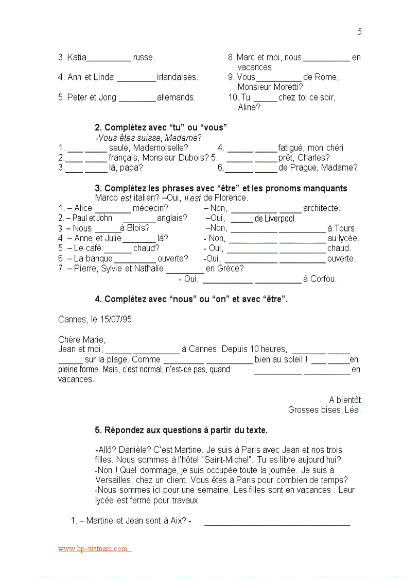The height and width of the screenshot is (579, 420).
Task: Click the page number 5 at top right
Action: click(x=360, y=32)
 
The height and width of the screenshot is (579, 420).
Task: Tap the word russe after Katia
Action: click(x=144, y=57)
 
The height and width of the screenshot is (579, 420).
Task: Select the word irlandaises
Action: click(x=178, y=77)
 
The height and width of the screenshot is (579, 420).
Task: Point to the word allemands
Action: click(x=176, y=97)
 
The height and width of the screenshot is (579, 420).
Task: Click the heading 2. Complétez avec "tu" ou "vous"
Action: click(x=161, y=127)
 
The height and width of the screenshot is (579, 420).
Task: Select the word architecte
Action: click(x=321, y=208)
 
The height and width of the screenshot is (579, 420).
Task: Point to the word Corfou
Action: click(x=323, y=279)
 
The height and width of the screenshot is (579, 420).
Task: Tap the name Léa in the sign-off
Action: click(x=353, y=410)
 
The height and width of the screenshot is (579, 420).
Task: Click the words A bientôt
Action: click(x=345, y=400)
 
